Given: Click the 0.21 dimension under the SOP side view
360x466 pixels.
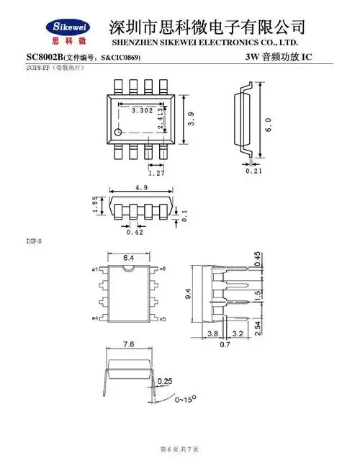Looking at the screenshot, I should coord(253,171).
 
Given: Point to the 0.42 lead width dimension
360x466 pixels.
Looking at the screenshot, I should coord(135,232).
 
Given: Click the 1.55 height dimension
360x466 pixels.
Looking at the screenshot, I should coord(95,207).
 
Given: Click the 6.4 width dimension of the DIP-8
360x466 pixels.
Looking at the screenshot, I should coord(130,257).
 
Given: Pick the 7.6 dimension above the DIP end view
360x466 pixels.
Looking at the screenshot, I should coord(130,344).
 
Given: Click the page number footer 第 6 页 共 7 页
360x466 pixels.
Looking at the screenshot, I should coord(179,449).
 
